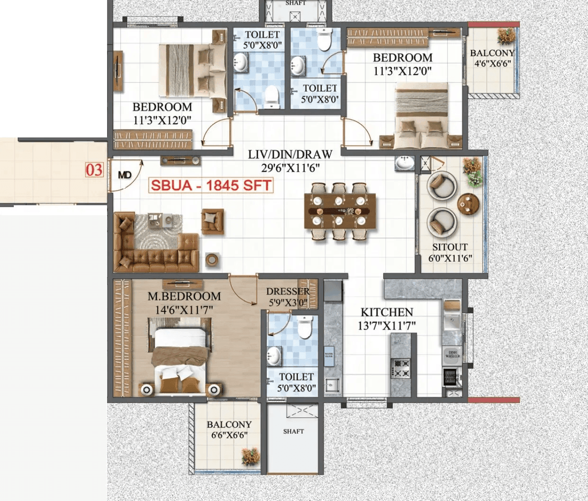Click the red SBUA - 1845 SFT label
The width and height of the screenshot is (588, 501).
point(211,185)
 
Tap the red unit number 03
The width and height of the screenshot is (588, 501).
point(94,170)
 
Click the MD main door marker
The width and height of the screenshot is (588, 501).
point(125,175)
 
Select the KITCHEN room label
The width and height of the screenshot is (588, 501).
point(387,312)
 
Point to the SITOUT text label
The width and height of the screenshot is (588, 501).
point(450,247)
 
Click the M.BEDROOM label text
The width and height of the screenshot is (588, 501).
point(184,296)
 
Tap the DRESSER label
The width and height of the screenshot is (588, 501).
point(288,291)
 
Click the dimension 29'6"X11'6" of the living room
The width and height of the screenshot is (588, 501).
point(290,167)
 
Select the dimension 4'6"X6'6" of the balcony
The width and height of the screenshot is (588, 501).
point(493,63)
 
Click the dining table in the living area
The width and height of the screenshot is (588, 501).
point(340,211)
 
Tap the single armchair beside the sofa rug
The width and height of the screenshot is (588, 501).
point(213,220)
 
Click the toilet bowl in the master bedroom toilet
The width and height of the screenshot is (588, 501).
point(305,326)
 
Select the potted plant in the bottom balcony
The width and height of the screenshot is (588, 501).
point(251,457)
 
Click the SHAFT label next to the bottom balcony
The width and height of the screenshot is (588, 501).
point(293,431)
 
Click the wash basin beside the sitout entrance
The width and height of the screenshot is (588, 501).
point(404,163)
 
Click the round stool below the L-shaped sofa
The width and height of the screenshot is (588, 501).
point(212,259)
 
